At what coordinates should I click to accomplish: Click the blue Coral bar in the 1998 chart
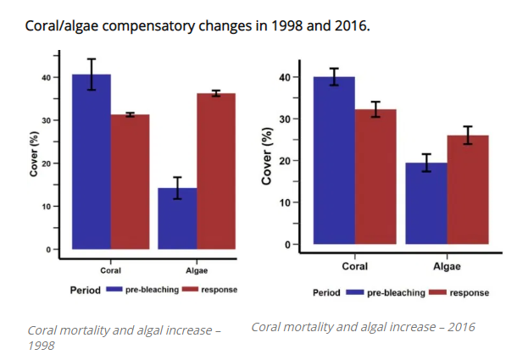tap(91, 162)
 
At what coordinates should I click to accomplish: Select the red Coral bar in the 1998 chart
tap(130, 181)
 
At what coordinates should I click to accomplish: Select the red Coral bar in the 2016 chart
tap(375, 177)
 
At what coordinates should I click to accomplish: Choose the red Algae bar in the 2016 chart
tap(467, 190)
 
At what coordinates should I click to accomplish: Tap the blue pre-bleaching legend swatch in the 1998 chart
tap(114, 290)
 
